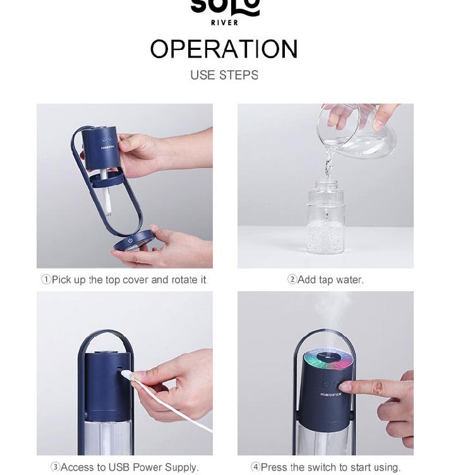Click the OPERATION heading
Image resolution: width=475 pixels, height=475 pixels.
point(224,49)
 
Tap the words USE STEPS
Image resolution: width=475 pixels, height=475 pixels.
point(224,75)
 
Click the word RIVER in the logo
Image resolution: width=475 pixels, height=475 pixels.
point(224,22)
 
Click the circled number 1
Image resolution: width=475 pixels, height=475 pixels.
point(46,280)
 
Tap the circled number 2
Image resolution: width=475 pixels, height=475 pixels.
point(292,280)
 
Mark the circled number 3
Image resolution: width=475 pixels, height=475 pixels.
point(56,467)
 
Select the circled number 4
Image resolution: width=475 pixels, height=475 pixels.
point(255,467)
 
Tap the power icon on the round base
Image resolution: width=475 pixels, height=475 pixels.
point(130,240)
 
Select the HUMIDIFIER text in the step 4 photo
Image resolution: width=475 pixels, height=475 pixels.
point(330,394)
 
